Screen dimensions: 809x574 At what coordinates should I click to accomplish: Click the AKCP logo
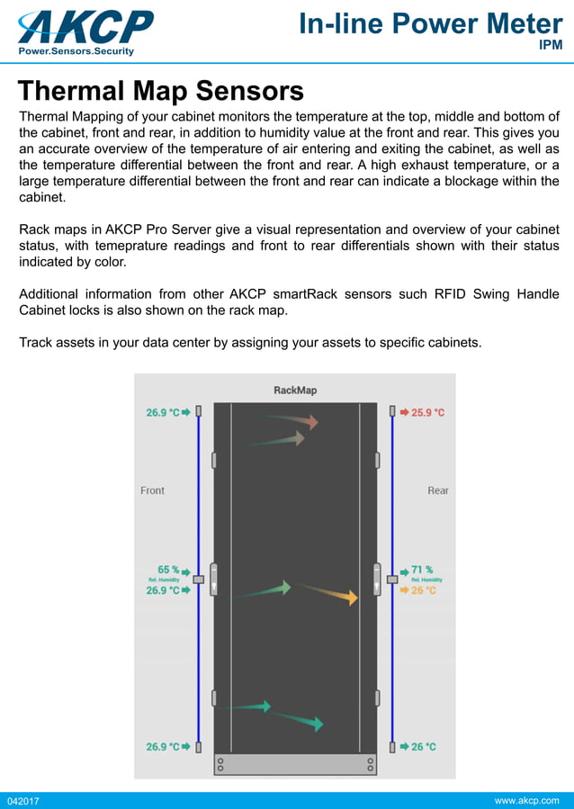(x=85, y=26)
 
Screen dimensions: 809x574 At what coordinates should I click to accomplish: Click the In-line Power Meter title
(x=430, y=24)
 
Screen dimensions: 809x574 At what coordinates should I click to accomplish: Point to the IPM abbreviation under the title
(x=551, y=46)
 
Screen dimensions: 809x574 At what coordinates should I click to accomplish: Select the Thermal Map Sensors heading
(x=161, y=91)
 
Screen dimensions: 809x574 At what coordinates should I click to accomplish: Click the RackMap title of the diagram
(x=295, y=391)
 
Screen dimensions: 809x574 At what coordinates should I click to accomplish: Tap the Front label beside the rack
(x=153, y=490)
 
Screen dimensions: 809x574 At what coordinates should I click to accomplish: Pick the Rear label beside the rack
(x=438, y=490)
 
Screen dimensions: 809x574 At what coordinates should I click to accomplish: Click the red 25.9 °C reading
(x=427, y=412)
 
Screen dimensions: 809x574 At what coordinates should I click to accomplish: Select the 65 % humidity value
(x=168, y=570)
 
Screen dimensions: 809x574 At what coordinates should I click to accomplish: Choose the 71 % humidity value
(x=422, y=570)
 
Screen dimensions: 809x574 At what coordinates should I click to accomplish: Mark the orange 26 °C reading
(x=423, y=591)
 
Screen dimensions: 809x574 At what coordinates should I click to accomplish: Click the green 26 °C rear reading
(x=423, y=747)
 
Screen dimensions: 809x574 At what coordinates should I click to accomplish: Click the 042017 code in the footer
(x=23, y=801)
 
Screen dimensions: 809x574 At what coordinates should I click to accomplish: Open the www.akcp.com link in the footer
(x=527, y=800)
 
